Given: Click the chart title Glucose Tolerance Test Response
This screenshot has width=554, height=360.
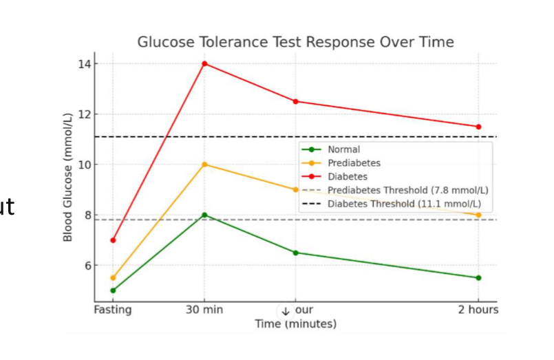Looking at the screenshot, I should click(x=295, y=42).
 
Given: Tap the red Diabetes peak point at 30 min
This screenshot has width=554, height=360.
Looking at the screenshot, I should click(x=204, y=64).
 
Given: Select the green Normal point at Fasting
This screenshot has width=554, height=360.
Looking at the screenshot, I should click(x=113, y=290).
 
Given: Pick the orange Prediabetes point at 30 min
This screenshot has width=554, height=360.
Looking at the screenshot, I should click(x=204, y=165).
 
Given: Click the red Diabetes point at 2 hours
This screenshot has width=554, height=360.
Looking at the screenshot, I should click(x=478, y=127).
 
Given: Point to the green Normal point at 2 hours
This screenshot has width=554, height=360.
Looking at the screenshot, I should click(x=478, y=278).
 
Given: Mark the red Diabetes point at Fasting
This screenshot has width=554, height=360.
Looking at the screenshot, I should click(x=113, y=240).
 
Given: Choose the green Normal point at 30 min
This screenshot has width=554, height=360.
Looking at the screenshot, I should click(x=204, y=215).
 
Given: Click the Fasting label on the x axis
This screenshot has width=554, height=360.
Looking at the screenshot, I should click(x=113, y=310).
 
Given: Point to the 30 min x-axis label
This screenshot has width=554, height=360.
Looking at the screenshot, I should click(x=204, y=310).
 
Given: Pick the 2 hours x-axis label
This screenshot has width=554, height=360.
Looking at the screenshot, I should click(x=478, y=310).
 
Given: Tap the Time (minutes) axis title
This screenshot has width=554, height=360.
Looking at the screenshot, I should click(x=296, y=324).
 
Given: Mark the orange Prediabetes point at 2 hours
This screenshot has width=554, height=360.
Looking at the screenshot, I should click(x=478, y=215).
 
